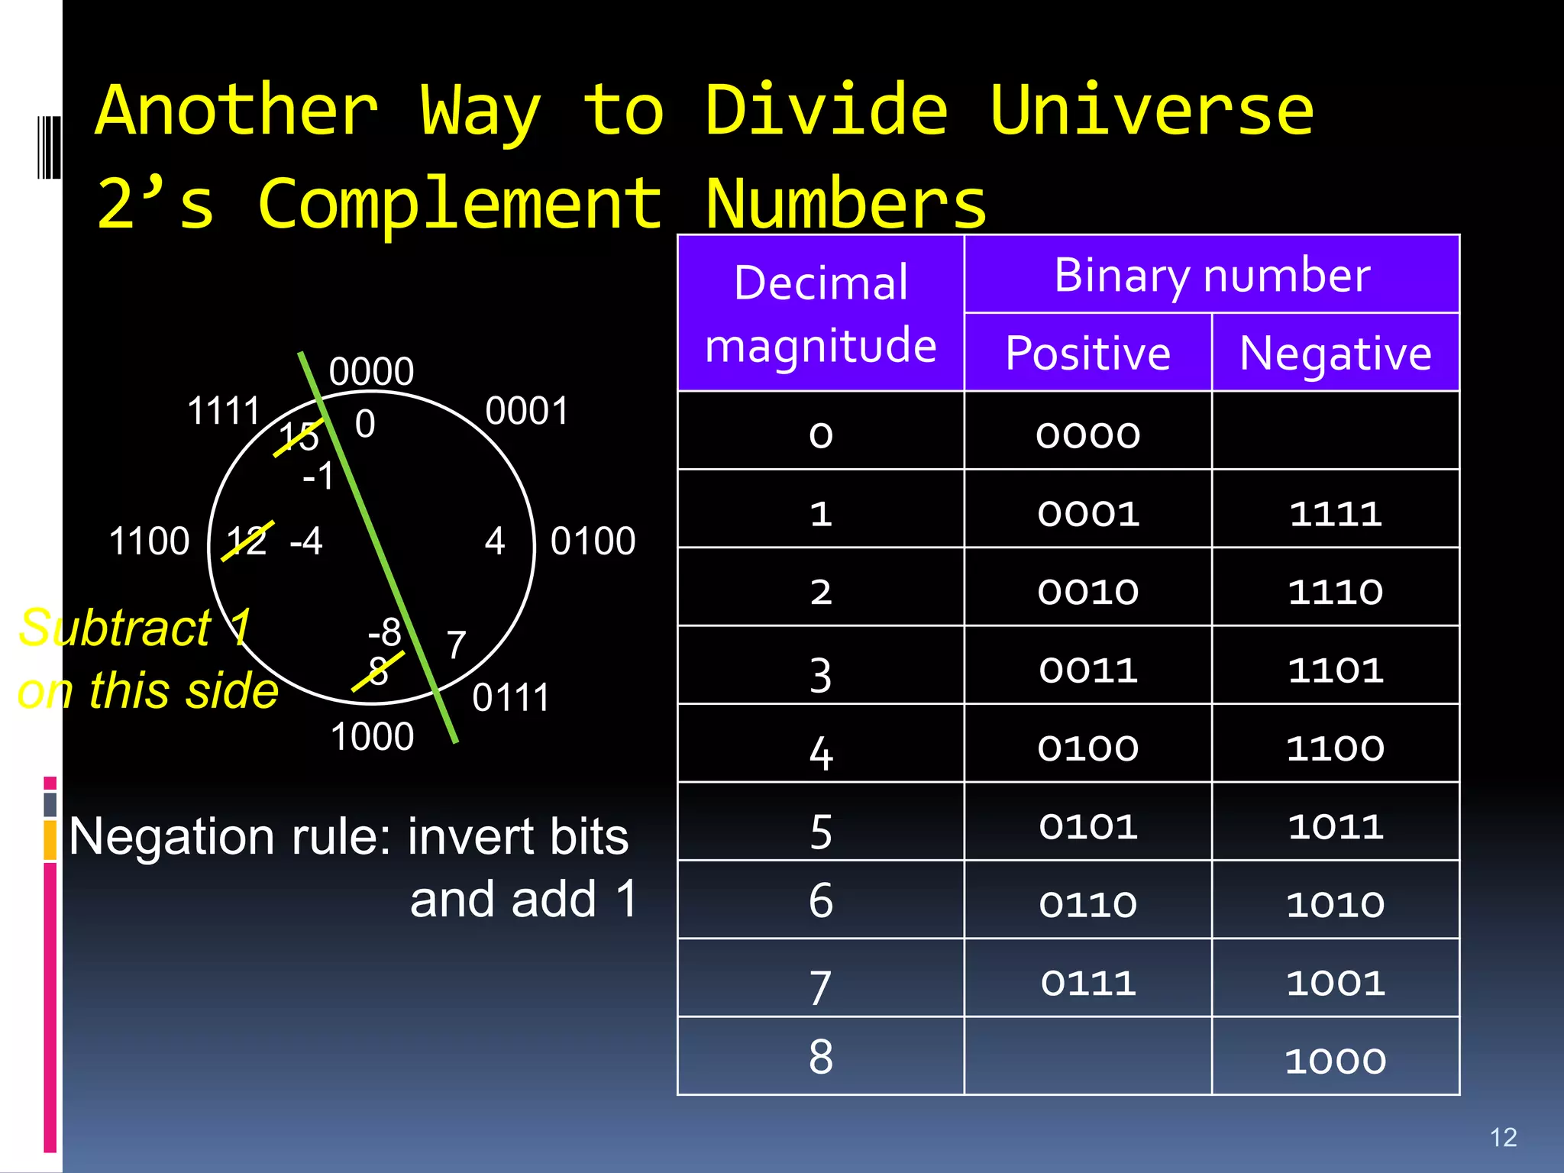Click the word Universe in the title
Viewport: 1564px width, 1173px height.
pos(1152,111)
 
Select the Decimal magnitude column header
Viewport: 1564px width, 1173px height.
pos(820,313)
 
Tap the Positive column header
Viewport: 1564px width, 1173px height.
pos(1087,353)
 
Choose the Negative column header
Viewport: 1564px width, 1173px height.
pos(1335,353)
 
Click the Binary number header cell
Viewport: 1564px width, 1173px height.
pos(1212,275)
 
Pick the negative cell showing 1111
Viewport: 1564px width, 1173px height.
pos(1335,513)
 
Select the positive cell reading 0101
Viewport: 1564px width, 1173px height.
pos(1087,826)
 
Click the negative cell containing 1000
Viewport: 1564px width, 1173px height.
pos(1335,1061)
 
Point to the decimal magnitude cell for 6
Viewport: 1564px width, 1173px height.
pos(820,901)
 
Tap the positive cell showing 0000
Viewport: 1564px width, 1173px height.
pos(1087,435)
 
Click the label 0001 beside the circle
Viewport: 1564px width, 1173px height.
pos(527,411)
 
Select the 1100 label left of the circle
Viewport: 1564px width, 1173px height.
pos(149,541)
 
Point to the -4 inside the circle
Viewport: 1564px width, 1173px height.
pos(306,541)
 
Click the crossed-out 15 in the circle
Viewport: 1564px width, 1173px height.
pos(298,437)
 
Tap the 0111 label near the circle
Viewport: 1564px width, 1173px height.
pos(510,697)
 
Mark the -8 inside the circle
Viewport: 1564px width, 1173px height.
pos(384,632)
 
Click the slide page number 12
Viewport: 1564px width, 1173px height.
pos(1503,1137)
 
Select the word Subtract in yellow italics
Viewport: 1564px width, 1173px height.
pos(115,628)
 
